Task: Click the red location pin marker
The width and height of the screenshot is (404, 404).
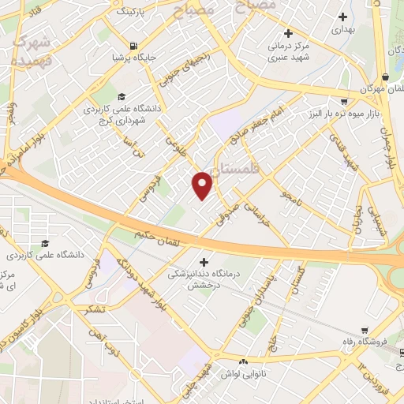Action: [x=203, y=185]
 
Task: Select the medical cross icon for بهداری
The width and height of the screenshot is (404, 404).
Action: [x=342, y=17]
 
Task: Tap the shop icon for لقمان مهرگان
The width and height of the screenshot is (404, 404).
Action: [x=385, y=77]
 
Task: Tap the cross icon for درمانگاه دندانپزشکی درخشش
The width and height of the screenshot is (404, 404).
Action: [x=204, y=261]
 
